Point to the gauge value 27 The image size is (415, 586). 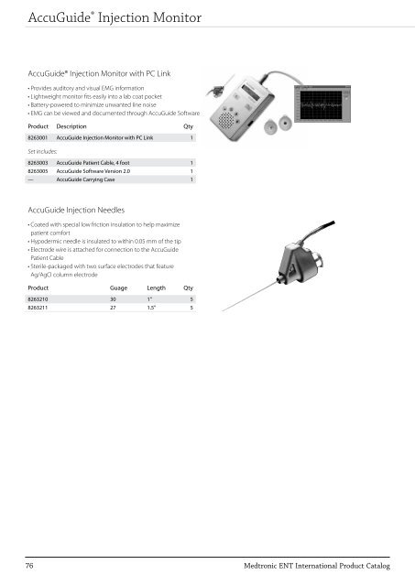point(114,309)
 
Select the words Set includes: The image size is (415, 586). point(43,149)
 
